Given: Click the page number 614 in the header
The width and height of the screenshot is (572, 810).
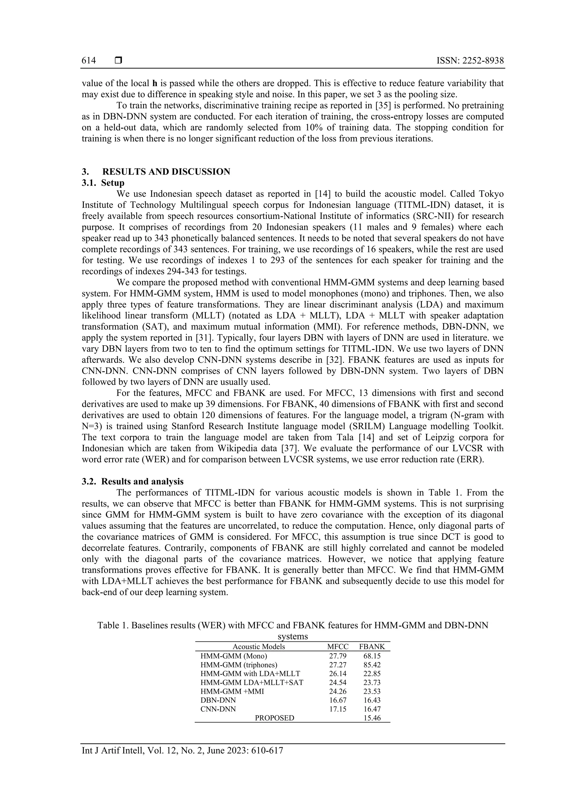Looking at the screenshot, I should [x=89, y=61].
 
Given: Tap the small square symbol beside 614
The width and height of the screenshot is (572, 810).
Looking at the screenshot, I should [x=118, y=61].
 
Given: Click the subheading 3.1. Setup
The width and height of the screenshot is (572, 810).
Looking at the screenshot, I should [x=103, y=183].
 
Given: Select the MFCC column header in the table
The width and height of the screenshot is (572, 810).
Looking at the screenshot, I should [x=338, y=647].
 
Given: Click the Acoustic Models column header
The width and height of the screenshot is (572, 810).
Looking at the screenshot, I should [x=259, y=647].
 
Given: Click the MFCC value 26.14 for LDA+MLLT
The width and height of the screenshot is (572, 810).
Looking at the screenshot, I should [x=338, y=674].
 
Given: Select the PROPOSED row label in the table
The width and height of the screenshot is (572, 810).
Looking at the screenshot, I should [x=274, y=718].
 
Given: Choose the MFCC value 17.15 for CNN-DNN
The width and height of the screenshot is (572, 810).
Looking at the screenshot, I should [x=338, y=709].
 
